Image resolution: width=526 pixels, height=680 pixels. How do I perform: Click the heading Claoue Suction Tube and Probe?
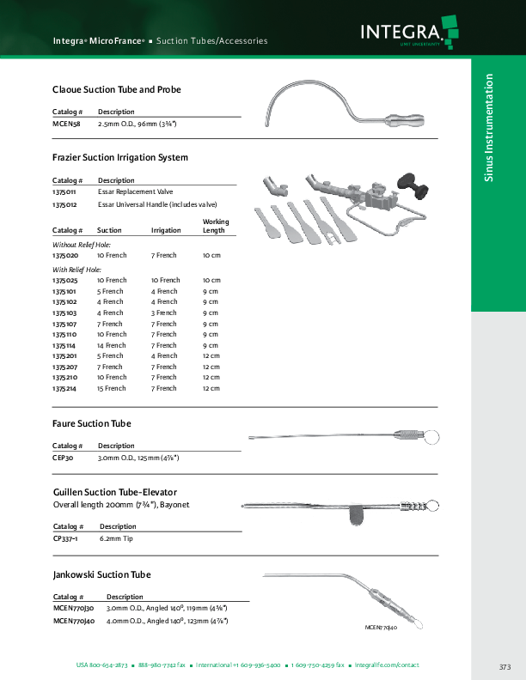(x=117, y=89)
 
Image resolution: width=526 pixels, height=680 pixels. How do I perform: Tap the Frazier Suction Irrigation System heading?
(x=120, y=158)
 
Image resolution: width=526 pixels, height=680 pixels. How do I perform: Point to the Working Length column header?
(x=216, y=226)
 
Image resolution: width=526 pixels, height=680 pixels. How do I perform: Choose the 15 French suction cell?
(x=112, y=388)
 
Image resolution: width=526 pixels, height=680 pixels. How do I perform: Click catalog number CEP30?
(x=64, y=458)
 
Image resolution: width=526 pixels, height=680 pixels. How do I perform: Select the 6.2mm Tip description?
(x=118, y=539)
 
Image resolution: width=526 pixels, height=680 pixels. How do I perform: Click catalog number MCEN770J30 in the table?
(x=74, y=607)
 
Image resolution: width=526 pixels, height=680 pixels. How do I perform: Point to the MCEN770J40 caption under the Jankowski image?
(x=380, y=628)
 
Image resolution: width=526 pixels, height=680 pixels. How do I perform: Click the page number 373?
(x=505, y=667)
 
